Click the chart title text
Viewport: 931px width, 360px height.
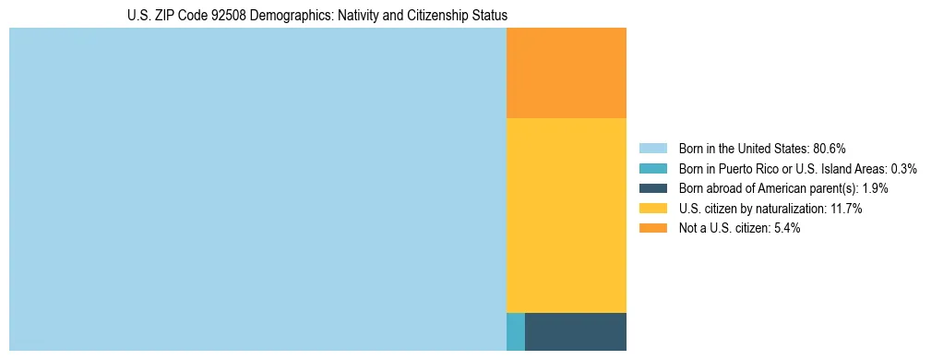316,16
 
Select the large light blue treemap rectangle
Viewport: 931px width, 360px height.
257,189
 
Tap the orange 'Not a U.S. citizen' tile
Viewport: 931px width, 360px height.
567,73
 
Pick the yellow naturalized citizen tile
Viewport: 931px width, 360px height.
567,215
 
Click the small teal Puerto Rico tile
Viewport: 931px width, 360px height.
516,331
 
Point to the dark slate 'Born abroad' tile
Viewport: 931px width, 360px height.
576,331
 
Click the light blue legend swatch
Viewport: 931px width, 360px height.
652,149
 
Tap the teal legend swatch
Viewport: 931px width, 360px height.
652,169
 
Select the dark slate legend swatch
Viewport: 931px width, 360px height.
652,188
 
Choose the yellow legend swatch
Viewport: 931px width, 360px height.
652,209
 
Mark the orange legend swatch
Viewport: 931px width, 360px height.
652,229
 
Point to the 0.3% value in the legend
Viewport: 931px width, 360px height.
904,169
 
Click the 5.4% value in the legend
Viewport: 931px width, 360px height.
785,229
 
